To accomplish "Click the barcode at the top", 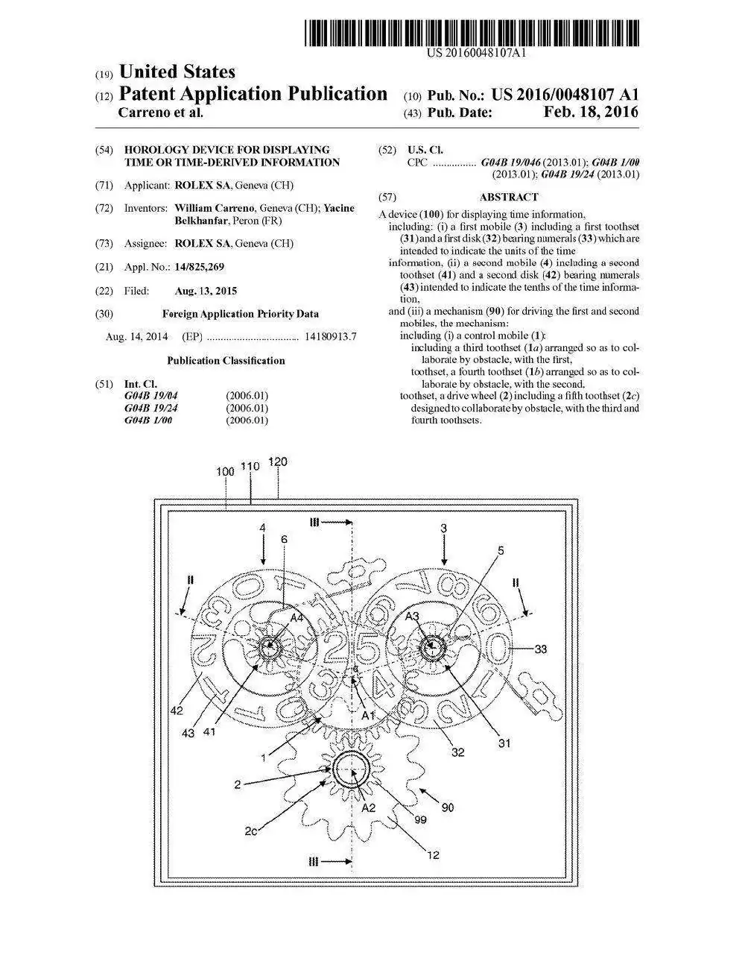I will [x=472, y=35].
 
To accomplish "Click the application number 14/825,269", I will [x=199, y=267].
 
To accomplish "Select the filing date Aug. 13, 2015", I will [x=206, y=291].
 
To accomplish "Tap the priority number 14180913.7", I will [x=330, y=337].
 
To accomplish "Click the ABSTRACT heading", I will [x=509, y=198].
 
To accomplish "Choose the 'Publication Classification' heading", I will [x=226, y=361].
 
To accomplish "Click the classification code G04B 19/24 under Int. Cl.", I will [x=151, y=408].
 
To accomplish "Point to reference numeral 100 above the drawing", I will [x=225, y=471].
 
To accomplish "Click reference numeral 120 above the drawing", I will [x=277, y=461].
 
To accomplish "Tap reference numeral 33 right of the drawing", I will [x=540, y=649].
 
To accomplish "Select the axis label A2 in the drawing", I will [x=368, y=807].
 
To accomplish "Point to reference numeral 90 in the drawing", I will [x=447, y=807].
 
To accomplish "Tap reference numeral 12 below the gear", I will [x=433, y=855].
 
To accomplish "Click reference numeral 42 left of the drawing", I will [x=177, y=710].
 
